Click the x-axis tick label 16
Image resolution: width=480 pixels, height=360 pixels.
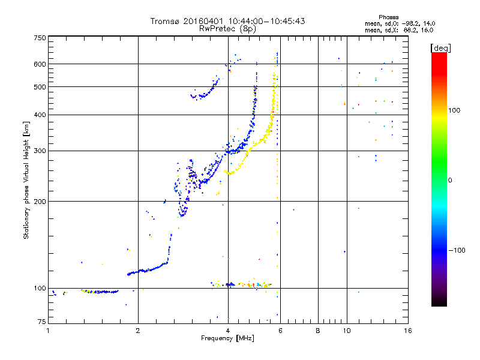407,331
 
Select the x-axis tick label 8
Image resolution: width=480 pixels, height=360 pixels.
318,331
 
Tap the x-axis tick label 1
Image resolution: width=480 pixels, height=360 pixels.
48,331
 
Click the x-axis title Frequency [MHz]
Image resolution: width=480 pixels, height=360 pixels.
228,338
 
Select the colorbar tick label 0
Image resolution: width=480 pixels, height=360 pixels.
451,180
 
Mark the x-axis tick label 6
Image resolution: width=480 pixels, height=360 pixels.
280,331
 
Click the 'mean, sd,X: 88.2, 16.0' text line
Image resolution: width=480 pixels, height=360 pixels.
399,29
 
